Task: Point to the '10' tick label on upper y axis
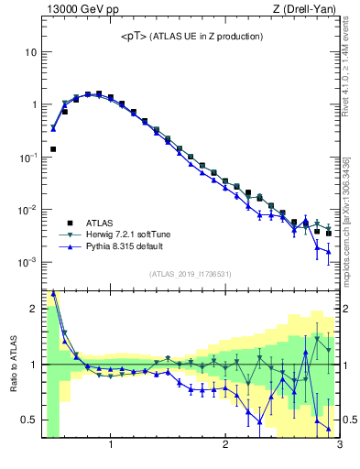pyautogui.click(x=29, y=52)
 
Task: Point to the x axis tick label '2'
pyautogui.click(x=225, y=446)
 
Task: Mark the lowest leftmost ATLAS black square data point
pyautogui.click(x=53, y=148)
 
